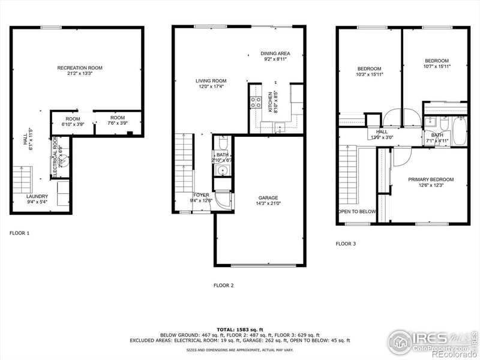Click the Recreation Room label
tap(80, 68)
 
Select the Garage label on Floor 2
tap(268, 197)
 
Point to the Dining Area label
tap(275, 53)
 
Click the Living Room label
tap(211, 80)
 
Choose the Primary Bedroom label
tap(431, 179)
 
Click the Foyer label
tap(201, 195)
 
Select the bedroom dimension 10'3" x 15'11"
tap(370, 74)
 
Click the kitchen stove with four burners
tap(256, 103)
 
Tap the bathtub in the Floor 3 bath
tap(458, 131)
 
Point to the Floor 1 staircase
tap(21, 179)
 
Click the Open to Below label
tap(357, 212)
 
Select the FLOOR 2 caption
tap(223, 285)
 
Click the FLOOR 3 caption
tap(346, 244)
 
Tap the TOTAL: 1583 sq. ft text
tap(239, 330)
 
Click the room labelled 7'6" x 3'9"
tap(118, 121)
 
